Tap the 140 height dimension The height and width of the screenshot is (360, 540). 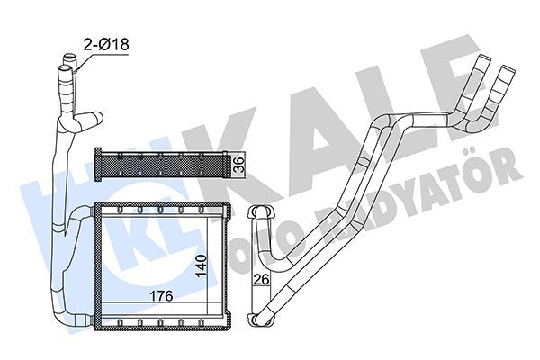click(202, 266)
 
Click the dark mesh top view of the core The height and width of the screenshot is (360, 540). click(162, 166)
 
